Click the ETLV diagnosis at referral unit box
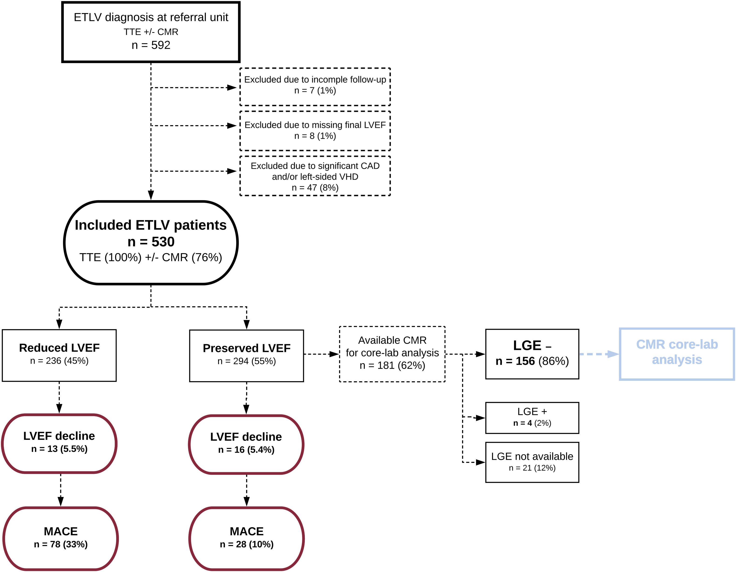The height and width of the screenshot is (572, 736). click(x=151, y=32)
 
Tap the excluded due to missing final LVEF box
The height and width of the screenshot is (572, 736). click(x=315, y=131)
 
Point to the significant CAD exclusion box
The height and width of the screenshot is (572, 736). click(x=315, y=176)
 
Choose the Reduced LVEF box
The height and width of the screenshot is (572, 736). click(x=59, y=355)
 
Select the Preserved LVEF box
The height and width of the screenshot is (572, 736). click(x=246, y=356)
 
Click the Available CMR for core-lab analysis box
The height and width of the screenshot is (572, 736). click(x=392, y=354)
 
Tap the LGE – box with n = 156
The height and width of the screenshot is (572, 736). click(x=532, y=354)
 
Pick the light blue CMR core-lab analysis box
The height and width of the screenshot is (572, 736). click(x=677, y=354)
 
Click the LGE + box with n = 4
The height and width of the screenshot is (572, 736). click(x=532, y=418)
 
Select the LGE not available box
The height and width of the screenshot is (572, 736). click(x=532, y=462)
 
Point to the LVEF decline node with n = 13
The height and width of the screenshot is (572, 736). click(x=59, y=444)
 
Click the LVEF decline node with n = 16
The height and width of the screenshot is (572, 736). click(x=246, y=444)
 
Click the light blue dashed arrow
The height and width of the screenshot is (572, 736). click(x=599, y=354)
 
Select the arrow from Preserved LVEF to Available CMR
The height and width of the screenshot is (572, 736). click(x=322, y=354)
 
